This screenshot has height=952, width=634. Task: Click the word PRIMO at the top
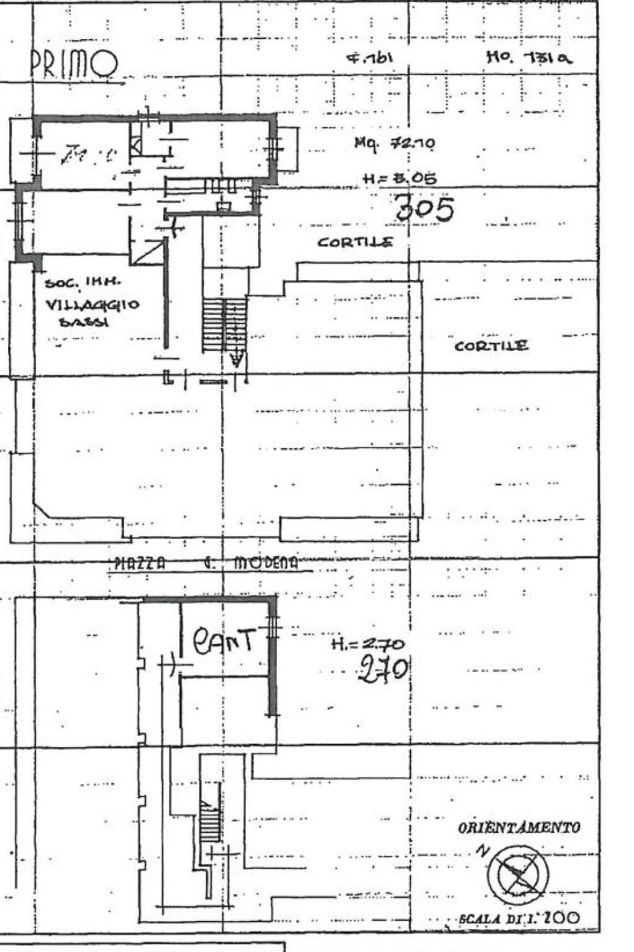tap(74, 64)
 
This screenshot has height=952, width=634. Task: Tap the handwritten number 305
tap(425, 209)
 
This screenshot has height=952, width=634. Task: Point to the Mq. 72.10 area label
tap(394, 143)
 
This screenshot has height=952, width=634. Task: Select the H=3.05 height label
tap(399, 178)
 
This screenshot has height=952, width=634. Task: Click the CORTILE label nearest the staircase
tap(355, 242)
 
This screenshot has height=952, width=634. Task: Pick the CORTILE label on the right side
tap(491, 346)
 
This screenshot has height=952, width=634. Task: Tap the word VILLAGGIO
tap(92, 305)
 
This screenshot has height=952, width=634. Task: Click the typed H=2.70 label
tap(368, 644)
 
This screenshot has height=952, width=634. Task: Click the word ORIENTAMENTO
tap(519, 827)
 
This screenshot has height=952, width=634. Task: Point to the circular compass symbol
tap(518, 874)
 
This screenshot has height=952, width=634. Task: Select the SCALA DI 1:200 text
tap(519, 918)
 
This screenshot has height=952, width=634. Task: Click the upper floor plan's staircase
tap(224, 325)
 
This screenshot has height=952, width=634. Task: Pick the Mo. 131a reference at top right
tap(529, 58)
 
